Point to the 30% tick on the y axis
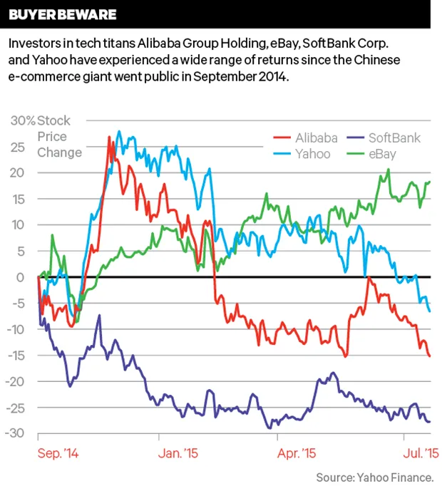click(x=23, y=120)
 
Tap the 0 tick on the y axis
click(x=22, y=277)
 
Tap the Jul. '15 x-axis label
click(x=416, y=453)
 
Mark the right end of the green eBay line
click(x=430, y=182)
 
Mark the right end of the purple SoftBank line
click(x=430, y=422)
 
